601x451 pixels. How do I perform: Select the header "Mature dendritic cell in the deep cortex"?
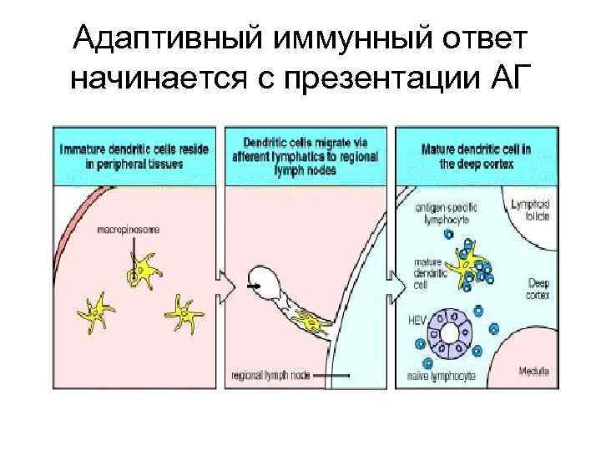coord(473,156)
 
